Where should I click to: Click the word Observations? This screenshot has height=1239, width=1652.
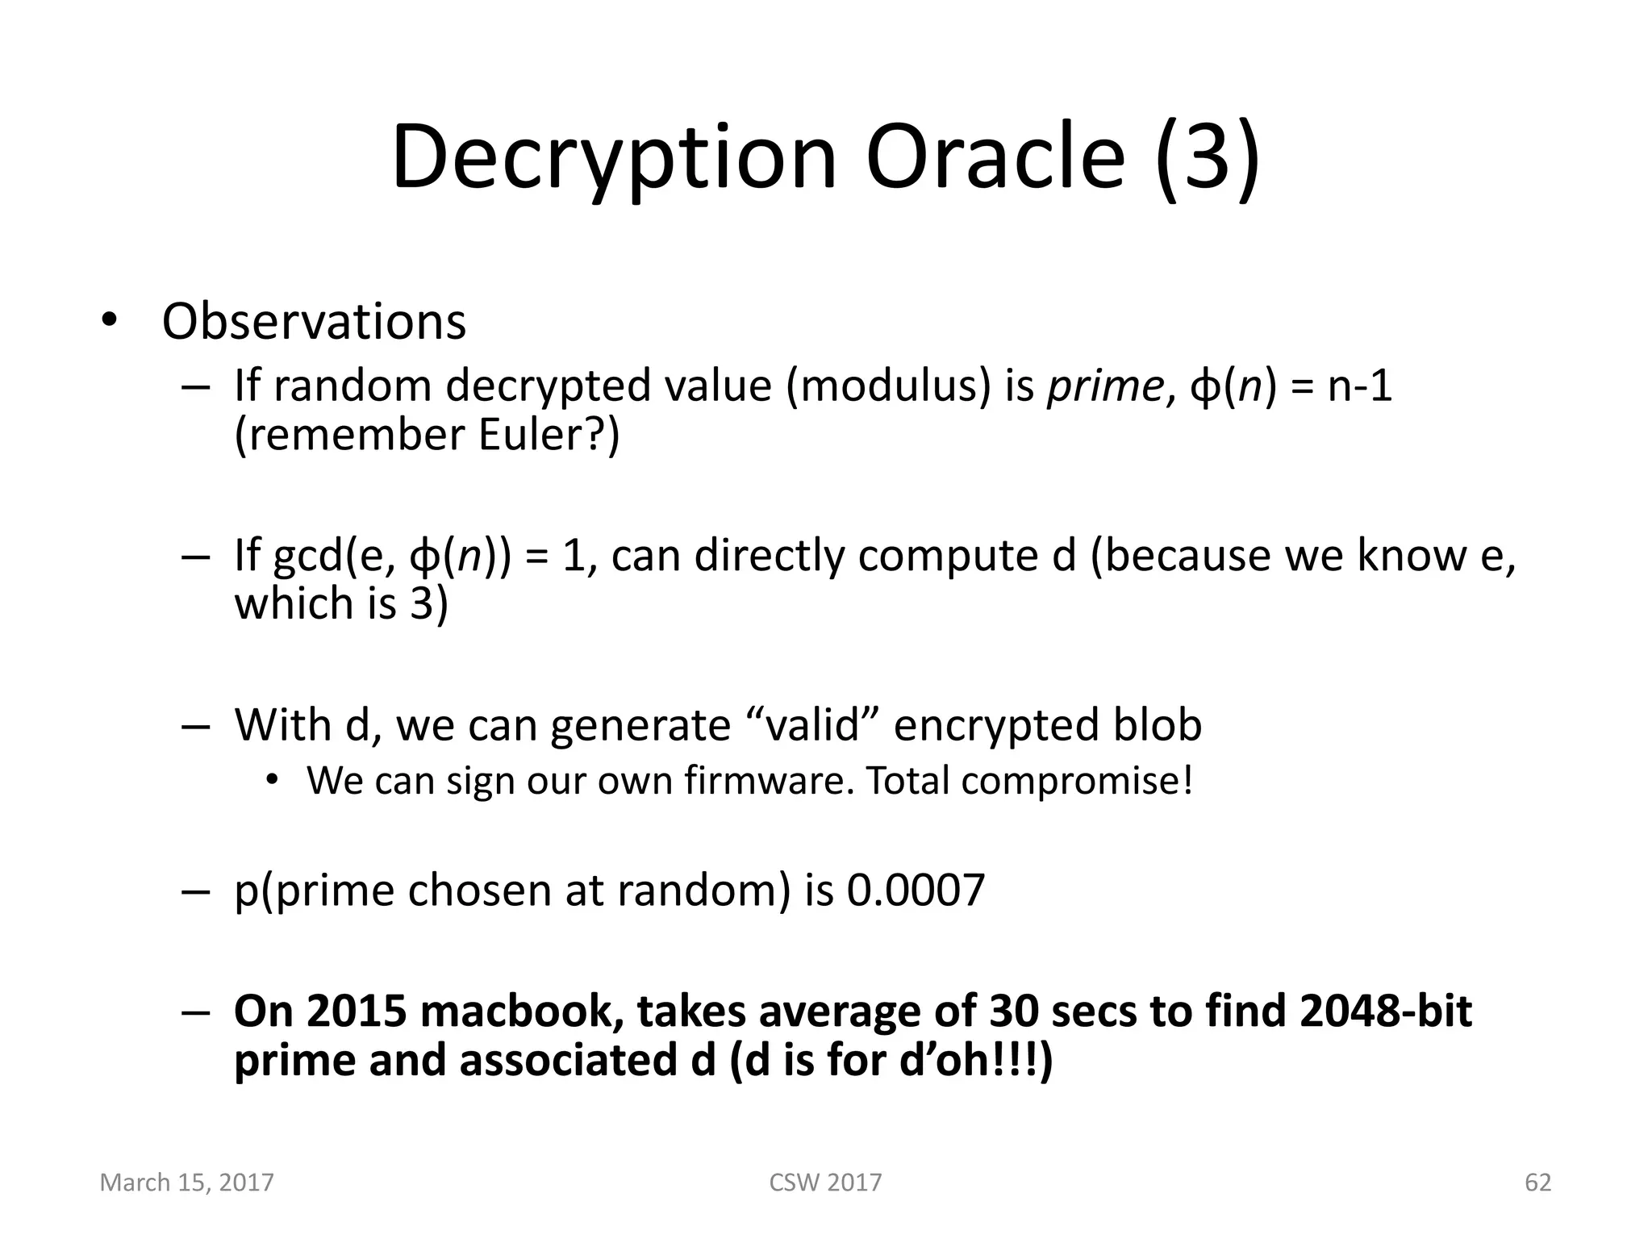pos(314,322)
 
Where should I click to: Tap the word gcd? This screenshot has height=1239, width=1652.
pos(308,556)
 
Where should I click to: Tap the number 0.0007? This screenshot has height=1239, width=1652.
pos(916,891)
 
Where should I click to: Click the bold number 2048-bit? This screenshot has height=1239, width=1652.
pos(1386,1011)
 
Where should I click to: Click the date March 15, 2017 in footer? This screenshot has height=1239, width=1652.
pos(186,1183)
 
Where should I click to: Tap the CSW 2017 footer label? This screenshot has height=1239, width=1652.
pos(825,1183)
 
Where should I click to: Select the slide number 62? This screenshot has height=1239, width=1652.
pos(1537,1183)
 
